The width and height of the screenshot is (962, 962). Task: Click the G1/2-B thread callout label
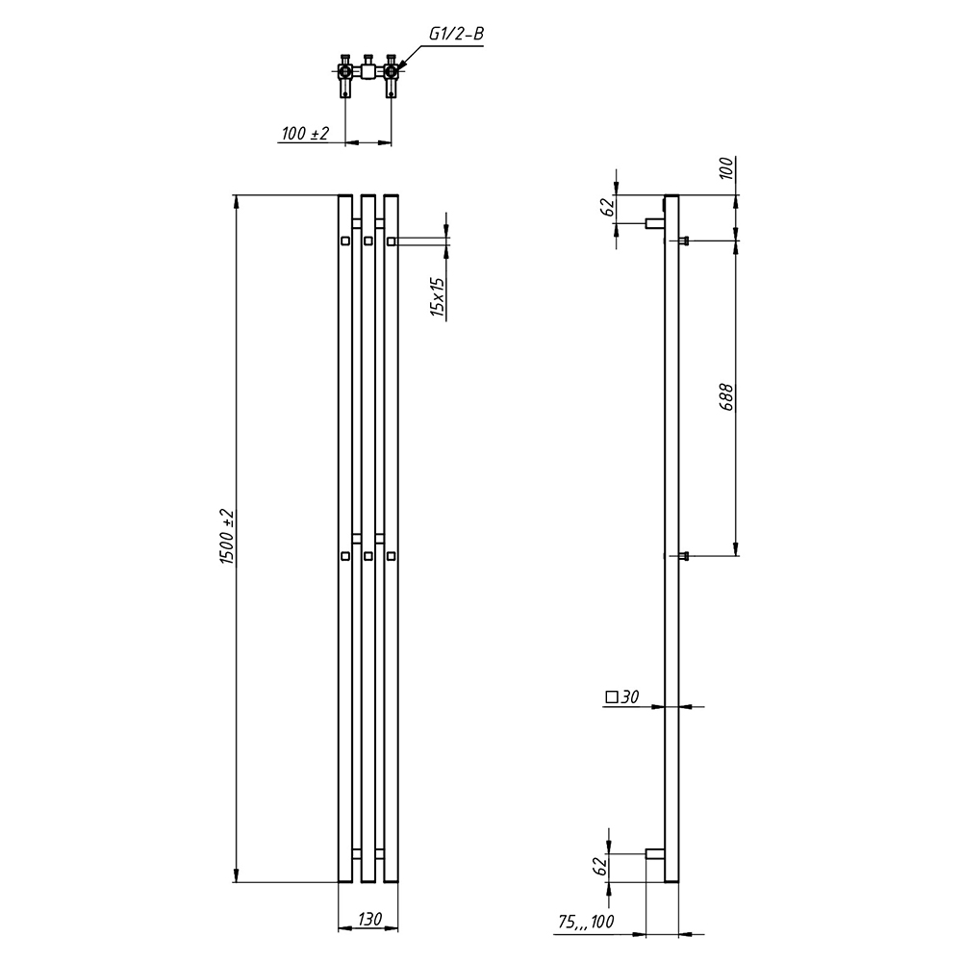(x=456, y=34)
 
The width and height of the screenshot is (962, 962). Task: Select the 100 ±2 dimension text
(x=305, y=133)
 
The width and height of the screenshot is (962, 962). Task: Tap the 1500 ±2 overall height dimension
(x=227, y=537)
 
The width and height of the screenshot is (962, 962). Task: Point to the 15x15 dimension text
(x=437, y=296)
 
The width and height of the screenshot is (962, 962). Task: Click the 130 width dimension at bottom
(x=370, y=919)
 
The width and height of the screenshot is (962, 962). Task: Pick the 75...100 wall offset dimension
(x=586, y=922)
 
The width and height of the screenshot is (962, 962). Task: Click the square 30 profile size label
(x=622, y=696)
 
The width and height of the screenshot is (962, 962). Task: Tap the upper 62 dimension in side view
(x=608, y=208)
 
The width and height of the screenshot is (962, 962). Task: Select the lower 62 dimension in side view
(x=600, y=867)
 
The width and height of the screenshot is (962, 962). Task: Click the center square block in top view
(x=367, y=72)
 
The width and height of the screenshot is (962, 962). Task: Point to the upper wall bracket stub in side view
(x=654, y=223)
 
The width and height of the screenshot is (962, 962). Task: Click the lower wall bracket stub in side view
(x=654, y=854)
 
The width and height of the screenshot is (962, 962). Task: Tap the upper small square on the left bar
(x=345, y=241)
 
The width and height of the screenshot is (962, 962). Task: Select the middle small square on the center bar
(x=368, y=556)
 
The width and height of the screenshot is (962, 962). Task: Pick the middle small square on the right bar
(x=391, y=556)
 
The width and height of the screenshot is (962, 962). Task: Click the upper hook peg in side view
(x=684, y=240)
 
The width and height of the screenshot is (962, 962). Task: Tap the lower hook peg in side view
(x=684, y=556)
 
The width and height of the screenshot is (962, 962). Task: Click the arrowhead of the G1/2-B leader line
(x=399, y=65)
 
